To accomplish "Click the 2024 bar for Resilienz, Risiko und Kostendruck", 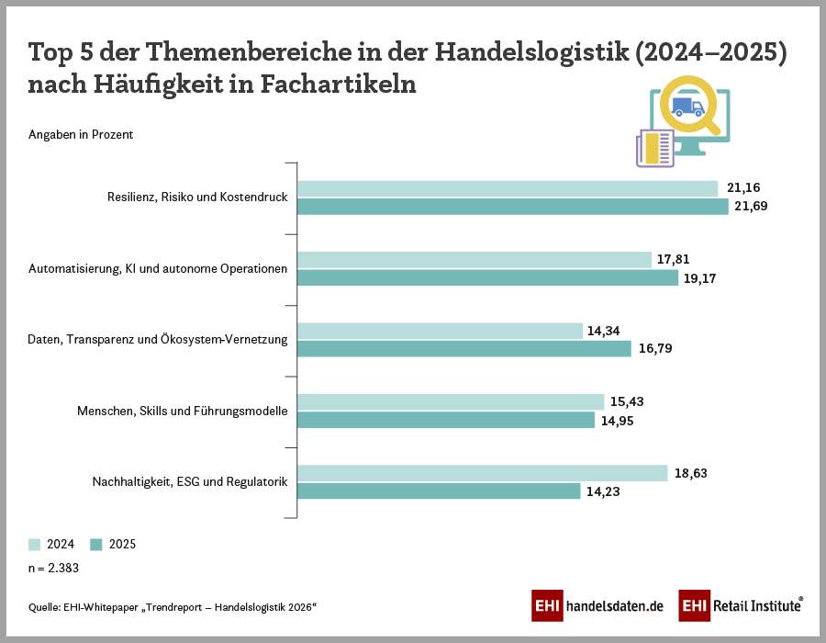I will tap(508, 188).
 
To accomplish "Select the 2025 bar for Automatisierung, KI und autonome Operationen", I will tap(487, 277).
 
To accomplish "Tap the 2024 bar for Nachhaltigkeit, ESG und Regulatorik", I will tap(482, 473).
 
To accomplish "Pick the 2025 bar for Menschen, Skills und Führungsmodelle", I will tap(446, 420).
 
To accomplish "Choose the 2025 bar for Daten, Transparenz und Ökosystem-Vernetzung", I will tap(464, 349).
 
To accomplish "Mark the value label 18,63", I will tap(690, 473).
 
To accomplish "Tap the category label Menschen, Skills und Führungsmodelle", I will tap(183, 411).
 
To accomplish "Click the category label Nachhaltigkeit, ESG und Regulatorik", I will tap(190, 481).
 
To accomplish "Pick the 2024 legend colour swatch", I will tap(35, 544).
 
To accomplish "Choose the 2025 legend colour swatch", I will tap(96, 544).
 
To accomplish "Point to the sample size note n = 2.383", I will tap(53, 568).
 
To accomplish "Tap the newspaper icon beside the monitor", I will tap(654, 148).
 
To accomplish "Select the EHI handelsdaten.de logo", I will tap(597, 606).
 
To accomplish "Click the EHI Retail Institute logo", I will tap(742, 606).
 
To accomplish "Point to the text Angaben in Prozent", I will tap(81, 135).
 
